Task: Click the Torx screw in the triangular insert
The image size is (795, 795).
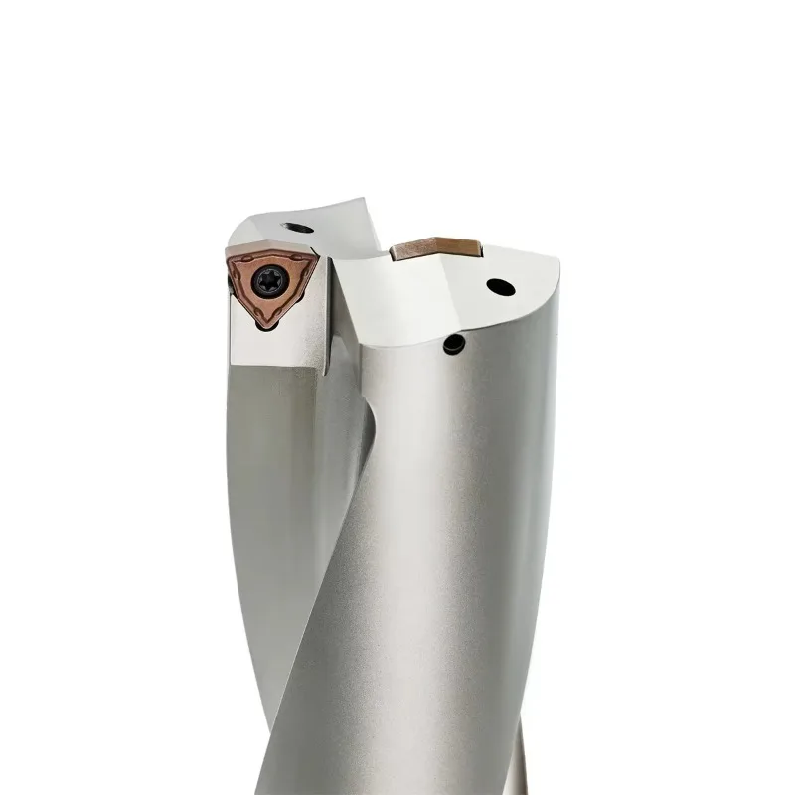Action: [x=269, y=282]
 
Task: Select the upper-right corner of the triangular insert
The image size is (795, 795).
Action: [x=317, y=254]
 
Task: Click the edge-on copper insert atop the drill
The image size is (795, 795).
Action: [x=433, y=248]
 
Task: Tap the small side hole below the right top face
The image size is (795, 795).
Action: [x=454, y=343]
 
